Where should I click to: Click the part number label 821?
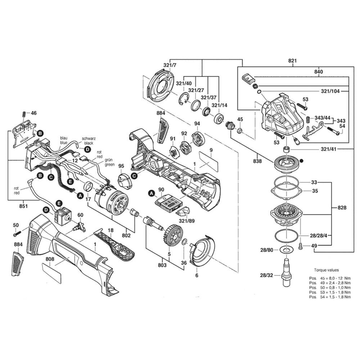tap(292, 61)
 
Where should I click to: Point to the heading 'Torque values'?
tap(326, 270)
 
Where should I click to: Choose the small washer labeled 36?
tap(184, 241)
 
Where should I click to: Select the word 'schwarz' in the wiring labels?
tap(88, 138)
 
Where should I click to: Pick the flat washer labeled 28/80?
tap(287, 250)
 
